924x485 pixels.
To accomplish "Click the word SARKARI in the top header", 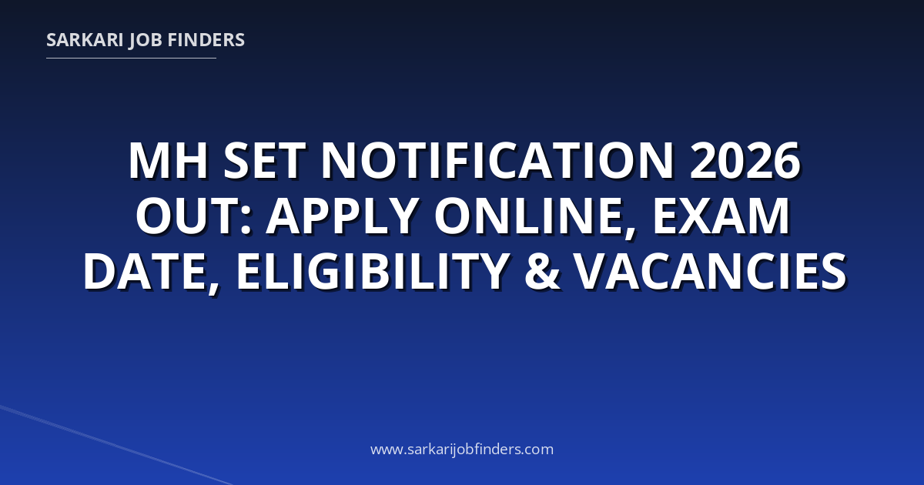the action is tap(85, 40).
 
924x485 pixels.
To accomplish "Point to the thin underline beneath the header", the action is tap(131, 59).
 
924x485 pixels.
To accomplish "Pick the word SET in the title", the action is tap(264, 160).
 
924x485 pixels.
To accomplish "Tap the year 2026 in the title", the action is tap(745, 160).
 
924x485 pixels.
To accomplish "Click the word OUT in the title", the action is tap(188, 216).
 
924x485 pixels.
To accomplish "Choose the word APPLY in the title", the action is tap(340, 216).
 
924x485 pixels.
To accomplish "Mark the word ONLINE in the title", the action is tap(529, 216).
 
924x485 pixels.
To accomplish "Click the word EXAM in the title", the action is tap(721, 216).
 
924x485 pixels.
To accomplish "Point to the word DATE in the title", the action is tap(145, 272).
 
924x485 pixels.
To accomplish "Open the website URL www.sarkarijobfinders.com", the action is tap(462, 450).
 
